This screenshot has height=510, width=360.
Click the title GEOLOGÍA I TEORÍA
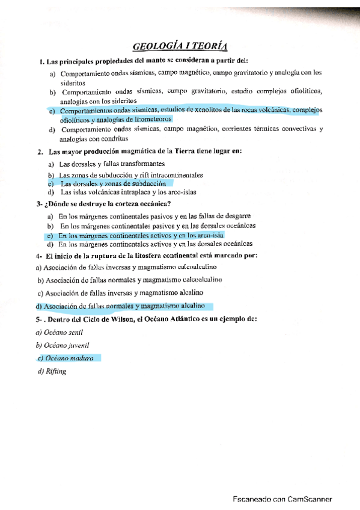click(x=180, y=46)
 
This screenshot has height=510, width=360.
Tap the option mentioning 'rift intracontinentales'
click(x=131, y=174)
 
